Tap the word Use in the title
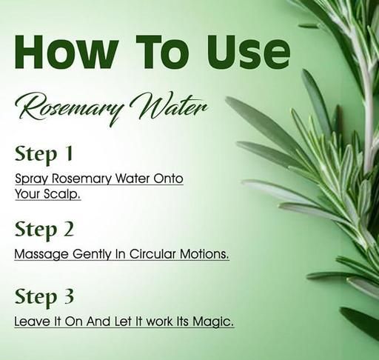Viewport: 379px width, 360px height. click(x=249, y=52)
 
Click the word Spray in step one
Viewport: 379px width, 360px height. click(x=31, y=179)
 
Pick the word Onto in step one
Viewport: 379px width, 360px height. click(x=168, y=179)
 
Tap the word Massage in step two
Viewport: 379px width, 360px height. click(x=41, y=255)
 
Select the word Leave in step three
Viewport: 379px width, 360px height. click(x=30, y=321)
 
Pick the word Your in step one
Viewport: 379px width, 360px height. click(x=28, y=194)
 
